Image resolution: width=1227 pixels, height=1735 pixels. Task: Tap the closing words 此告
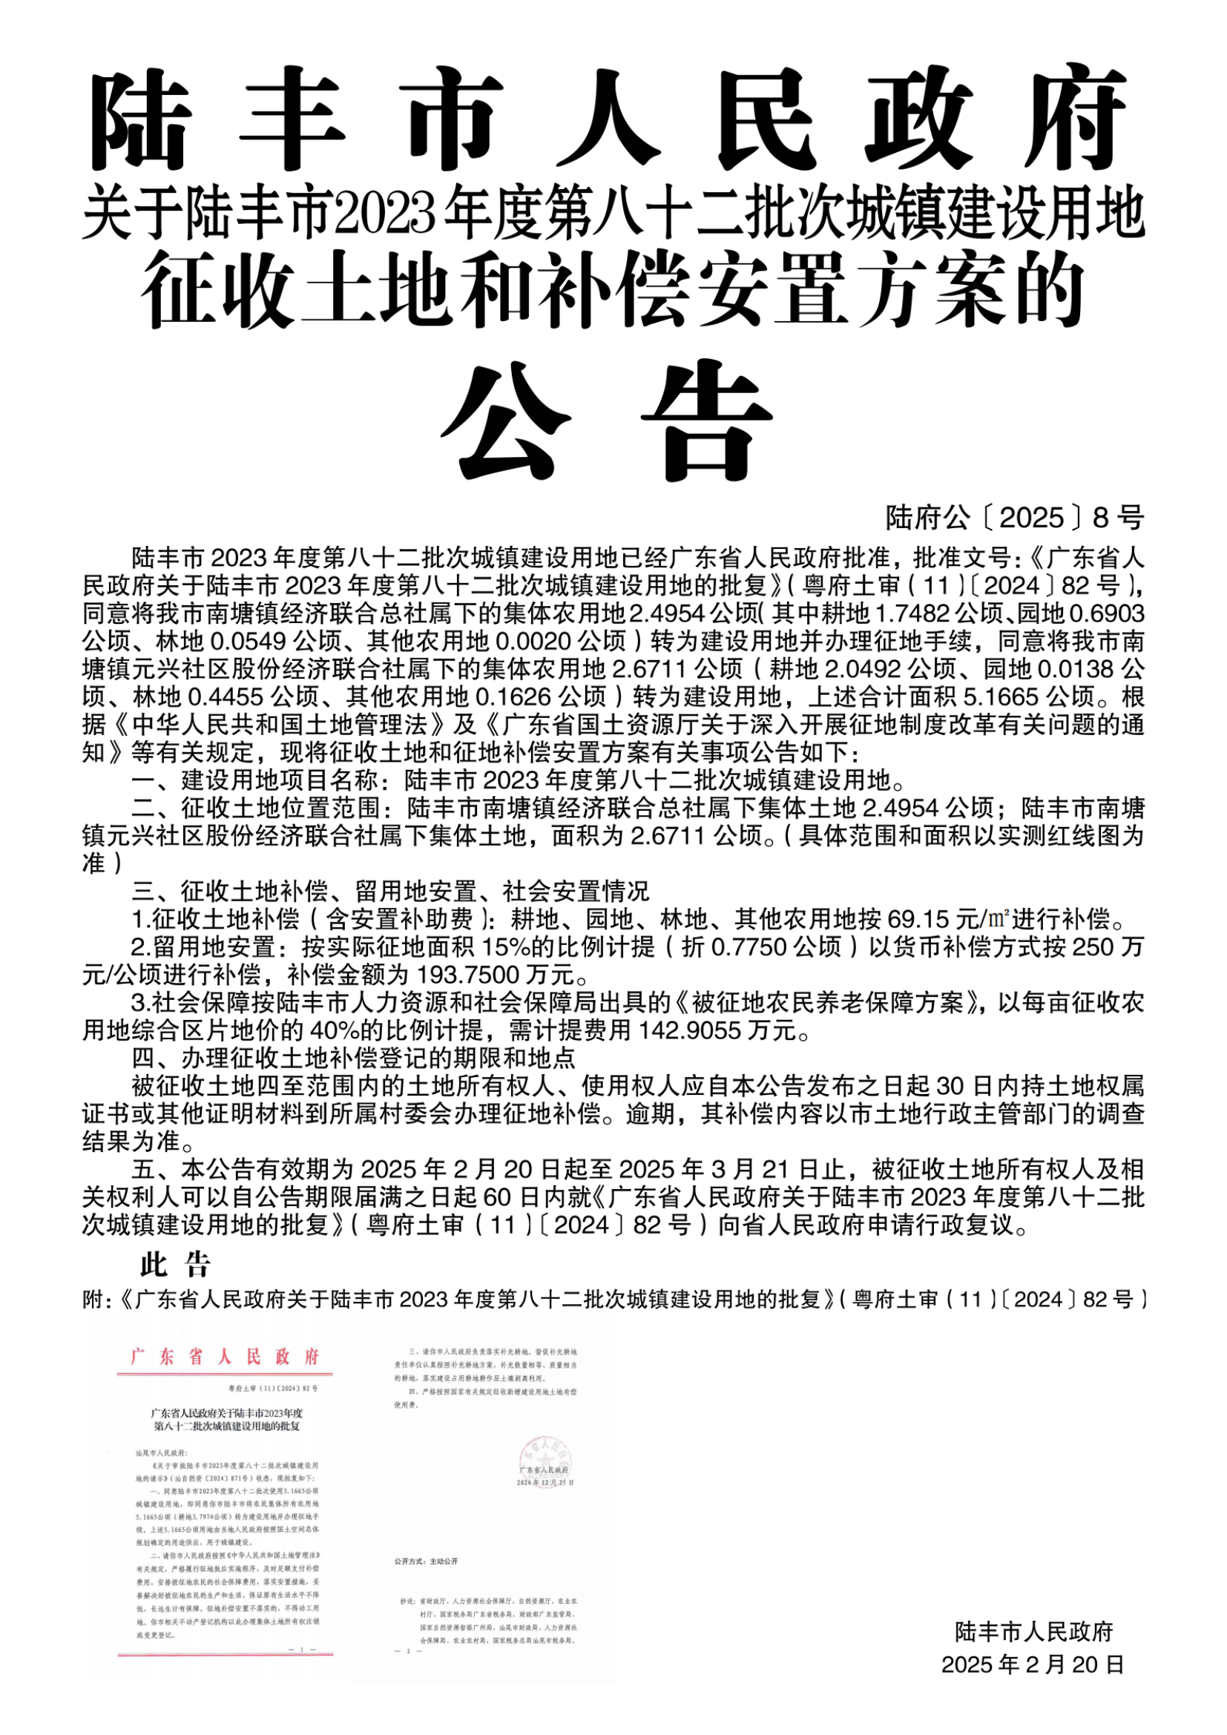point(175,1265)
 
